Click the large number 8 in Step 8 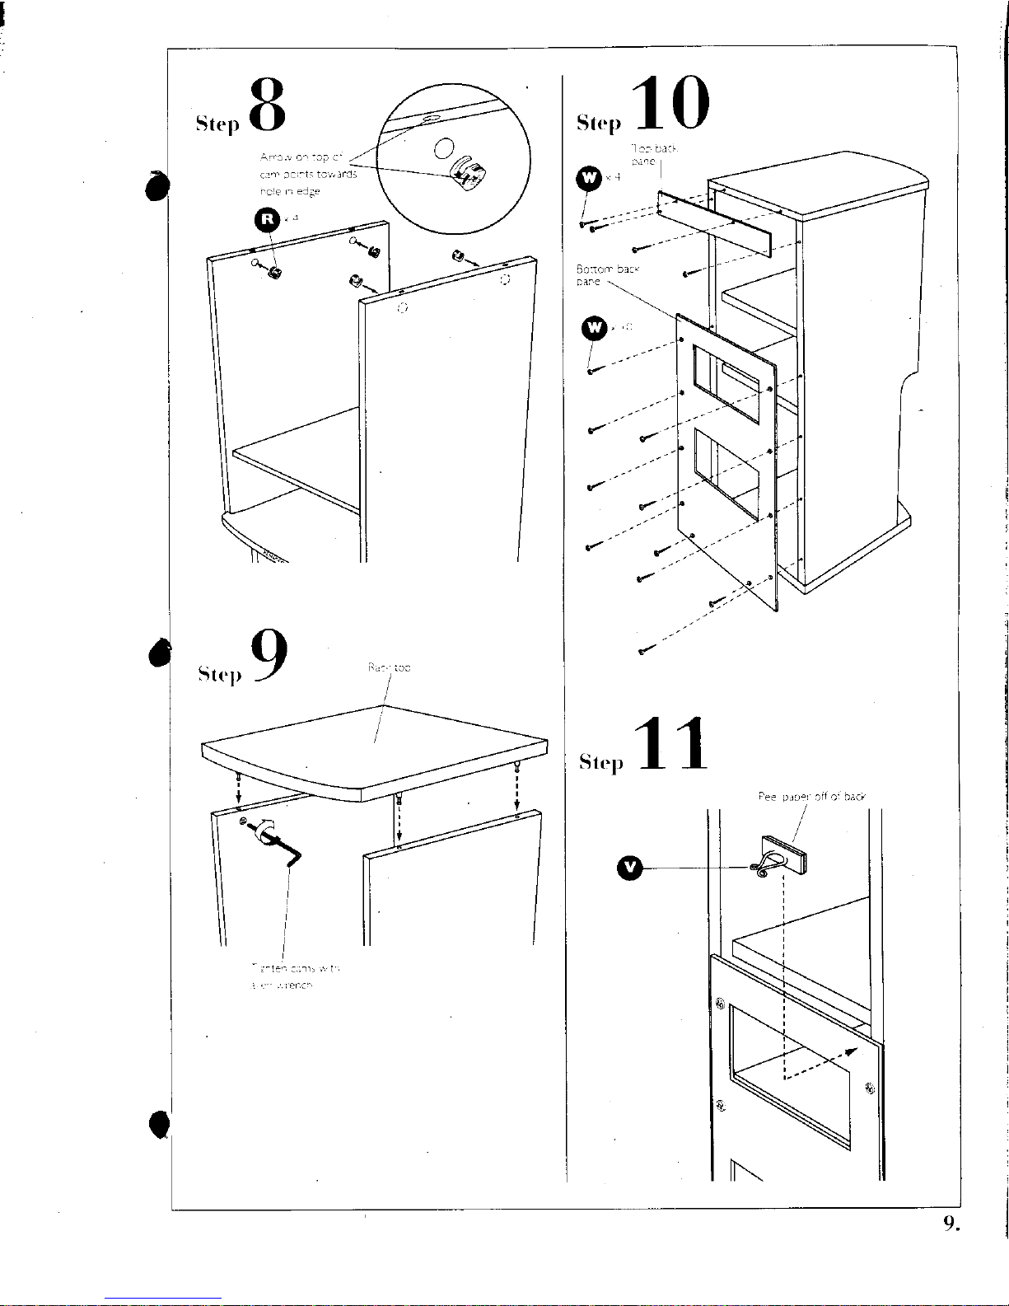pos(268,105)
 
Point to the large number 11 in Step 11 pos(672,745)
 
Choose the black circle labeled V pos(629,867)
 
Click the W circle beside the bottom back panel pos(594,328)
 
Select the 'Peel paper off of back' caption pos(811,797)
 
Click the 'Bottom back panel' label pos(607,274)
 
